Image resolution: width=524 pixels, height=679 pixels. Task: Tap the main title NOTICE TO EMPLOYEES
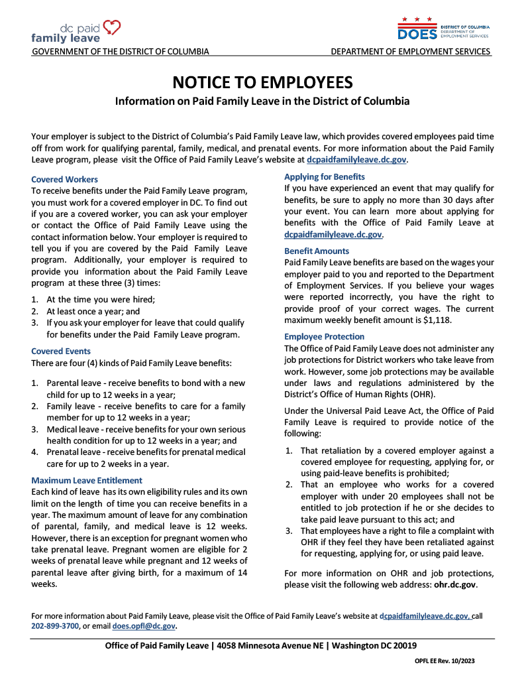[262, 82]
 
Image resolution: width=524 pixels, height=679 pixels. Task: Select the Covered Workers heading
[64, 180]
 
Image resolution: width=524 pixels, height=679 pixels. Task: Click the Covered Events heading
[61, 351]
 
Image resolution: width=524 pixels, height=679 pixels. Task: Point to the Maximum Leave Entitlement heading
[87, 480]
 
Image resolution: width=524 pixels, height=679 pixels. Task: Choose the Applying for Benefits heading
[325, 177]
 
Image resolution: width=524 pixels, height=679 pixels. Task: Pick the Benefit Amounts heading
[317, 251]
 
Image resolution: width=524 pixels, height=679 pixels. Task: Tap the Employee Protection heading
[325, 337]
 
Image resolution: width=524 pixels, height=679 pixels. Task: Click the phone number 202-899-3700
[55, 625]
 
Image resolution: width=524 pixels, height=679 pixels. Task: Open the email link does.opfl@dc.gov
[144, 625]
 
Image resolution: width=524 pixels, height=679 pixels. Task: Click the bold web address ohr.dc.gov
[454, 585]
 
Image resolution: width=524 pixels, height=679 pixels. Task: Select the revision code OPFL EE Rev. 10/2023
[445, 661]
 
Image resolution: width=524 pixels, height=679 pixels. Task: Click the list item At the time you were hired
[101, 299]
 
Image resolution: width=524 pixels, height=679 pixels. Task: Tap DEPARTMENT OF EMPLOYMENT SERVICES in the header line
[411, 52]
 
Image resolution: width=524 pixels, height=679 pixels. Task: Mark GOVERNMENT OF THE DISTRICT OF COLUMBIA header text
[121, 52]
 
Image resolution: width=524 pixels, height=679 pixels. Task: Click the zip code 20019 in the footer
[403, 646]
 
